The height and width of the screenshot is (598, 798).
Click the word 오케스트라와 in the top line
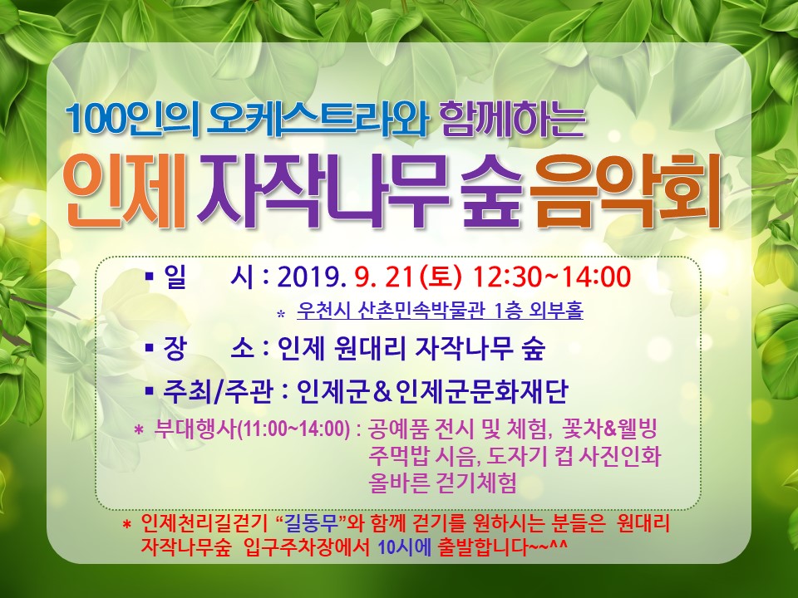[x=316, y=120]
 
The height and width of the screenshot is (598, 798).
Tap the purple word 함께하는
[x=514, y=120]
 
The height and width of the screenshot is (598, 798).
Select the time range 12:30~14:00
[x=552, y=277]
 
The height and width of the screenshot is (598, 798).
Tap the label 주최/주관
[x=218, y=392]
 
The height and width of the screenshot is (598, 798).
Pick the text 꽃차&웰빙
[x=608, y=429]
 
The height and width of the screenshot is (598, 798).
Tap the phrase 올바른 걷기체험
[x=443, y=483]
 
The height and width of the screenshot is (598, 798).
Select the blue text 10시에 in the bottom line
[x=405, y=547]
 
